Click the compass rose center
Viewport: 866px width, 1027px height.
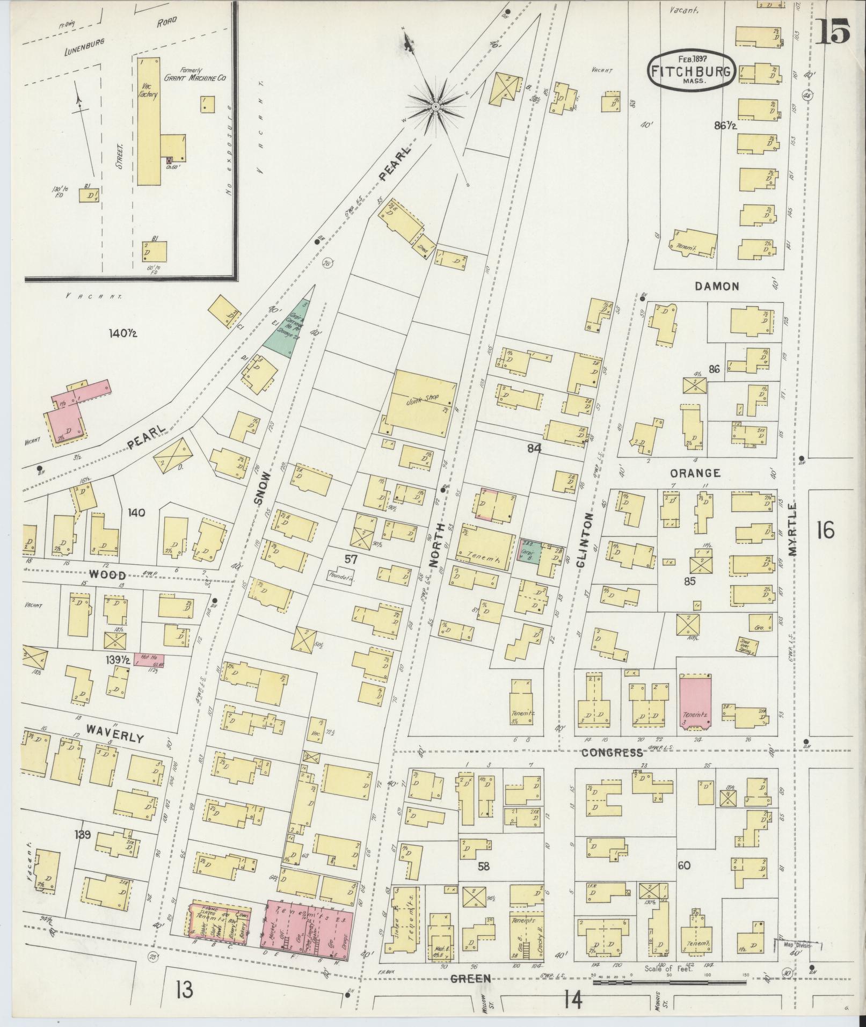coord(435,108)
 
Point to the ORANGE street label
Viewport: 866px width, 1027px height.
coord(694,473)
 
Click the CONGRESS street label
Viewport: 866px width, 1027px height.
coord(612,753)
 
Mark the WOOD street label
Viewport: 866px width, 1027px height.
coord(106,574)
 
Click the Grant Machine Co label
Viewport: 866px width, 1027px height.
coord(194,78)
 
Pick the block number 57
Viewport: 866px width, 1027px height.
coord(351,559)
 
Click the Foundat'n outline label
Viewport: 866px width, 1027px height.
coord(340,577)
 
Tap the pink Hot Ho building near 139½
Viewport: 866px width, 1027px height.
coord(152,660)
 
